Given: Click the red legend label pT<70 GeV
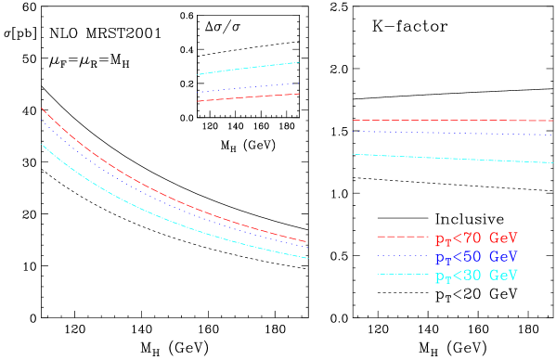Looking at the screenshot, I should [x=476, y=238].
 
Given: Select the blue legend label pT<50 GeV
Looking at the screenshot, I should [x=476, y=256].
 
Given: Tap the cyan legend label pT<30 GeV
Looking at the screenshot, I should [x=476, y=276].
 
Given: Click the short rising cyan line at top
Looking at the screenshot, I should [x=248, y=68].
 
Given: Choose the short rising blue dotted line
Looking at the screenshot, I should [x=248, y=88].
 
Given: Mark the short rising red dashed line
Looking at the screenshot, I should [x=248, y=97].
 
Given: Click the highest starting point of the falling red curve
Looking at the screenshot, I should [x=42, y=109].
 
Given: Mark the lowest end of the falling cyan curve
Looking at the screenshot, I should [x=307, y=258].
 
